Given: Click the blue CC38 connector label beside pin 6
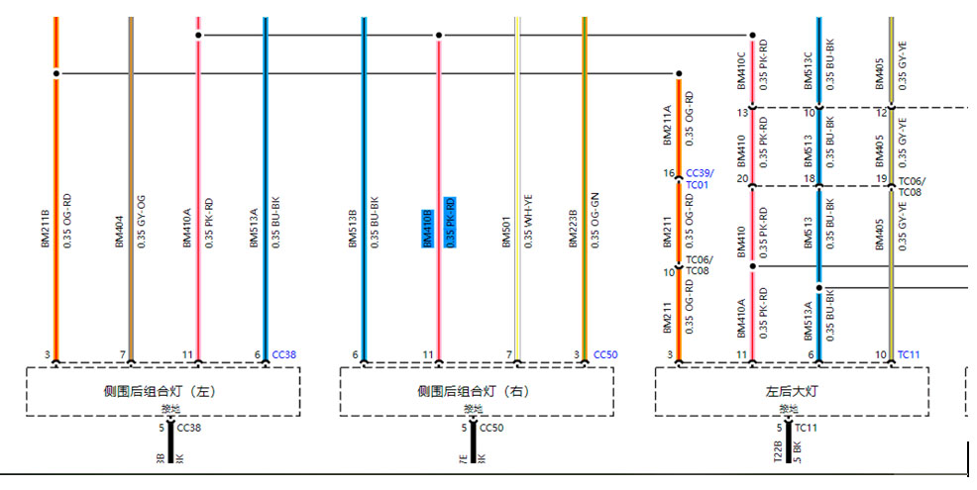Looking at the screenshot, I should click(x=283, y=354).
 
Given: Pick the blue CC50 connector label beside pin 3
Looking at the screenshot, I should click(x=604, y=354).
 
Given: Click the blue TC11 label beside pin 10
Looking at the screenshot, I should click(x=909, y=354).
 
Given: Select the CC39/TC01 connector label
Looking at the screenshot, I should click(x=699, y=178).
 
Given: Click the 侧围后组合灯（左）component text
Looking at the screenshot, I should click(x=161, y=392).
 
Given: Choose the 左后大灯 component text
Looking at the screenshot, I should click(x=791, y=392).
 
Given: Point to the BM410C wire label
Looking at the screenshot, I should click(x=741, y=69).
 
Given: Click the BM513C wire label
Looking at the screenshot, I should click(x=808, y=69).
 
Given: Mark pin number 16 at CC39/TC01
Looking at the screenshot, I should click(x=669, y=173).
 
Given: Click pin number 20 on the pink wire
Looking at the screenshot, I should click(x=741, y=179).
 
